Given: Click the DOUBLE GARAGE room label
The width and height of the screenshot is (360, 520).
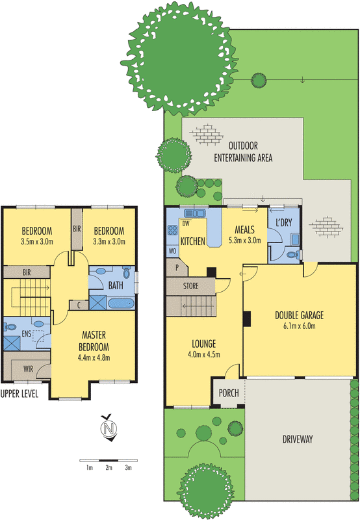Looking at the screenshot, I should click(300, 316).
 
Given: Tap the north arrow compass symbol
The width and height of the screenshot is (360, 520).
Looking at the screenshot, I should click(109, 430).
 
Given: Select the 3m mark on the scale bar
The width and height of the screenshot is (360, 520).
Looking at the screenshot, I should click(129, 467).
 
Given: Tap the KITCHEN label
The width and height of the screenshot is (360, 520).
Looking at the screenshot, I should click(193, 241).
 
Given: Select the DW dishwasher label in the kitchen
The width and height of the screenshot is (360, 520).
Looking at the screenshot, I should click(186, 224).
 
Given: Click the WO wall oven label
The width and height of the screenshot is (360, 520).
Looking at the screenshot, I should click(172, 250).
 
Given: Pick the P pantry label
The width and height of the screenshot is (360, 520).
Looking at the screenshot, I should click(175, 266).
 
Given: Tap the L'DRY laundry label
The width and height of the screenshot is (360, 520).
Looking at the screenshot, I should click(285, 223).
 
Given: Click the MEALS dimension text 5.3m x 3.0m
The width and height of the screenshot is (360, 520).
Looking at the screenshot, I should click(245, 240).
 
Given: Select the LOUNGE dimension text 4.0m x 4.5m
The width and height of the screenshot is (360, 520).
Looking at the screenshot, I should click(203, 354).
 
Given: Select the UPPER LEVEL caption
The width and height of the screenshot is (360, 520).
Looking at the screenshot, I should click(19, 393).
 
